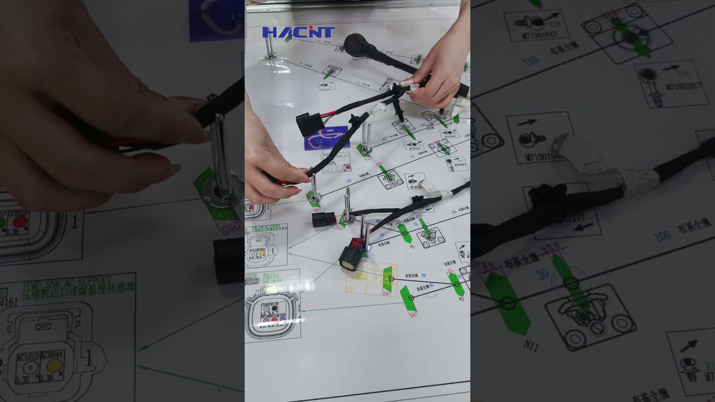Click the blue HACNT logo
coord(298,32)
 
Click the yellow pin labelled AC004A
coord(54,366)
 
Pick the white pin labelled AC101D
coord(28,366)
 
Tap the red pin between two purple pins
coord(274,320)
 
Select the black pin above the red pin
coord(274,309)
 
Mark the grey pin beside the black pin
coord(265,309)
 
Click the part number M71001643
coord(536,35)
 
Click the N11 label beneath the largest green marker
coord(531,346)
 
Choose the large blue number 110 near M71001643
coord(531,61)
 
